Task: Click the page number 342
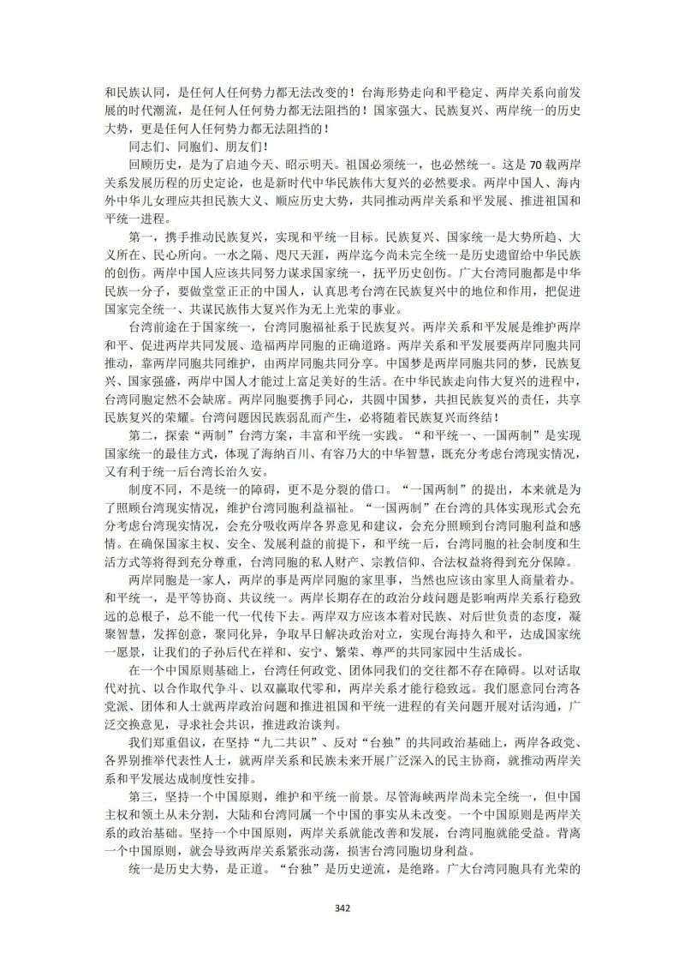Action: [342, 908]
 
